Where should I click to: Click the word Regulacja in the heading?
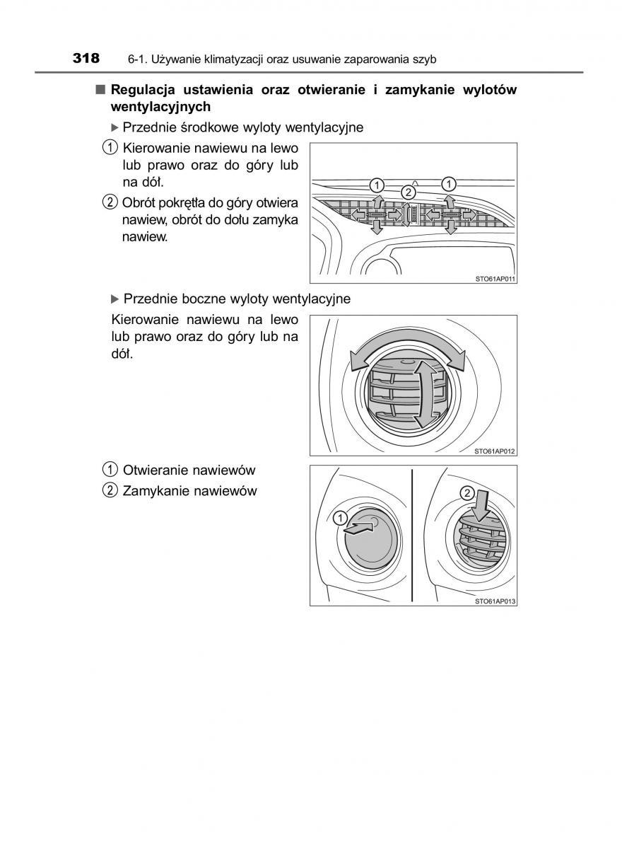[x=143, y=90]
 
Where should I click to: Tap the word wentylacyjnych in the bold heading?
[x=160, y=107]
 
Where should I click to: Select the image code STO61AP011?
[x=495, y=279]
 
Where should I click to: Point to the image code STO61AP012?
[x=495, y=451]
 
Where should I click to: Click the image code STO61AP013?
[x=495, y=601]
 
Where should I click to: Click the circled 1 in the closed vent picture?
[x=340, y=517]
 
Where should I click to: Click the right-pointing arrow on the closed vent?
[x=361, y=528]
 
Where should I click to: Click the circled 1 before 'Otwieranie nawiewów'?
[x=110, y=470]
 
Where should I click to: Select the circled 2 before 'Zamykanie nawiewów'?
[x=110, y=490]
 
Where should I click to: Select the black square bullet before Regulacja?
[x=100, y=90]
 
